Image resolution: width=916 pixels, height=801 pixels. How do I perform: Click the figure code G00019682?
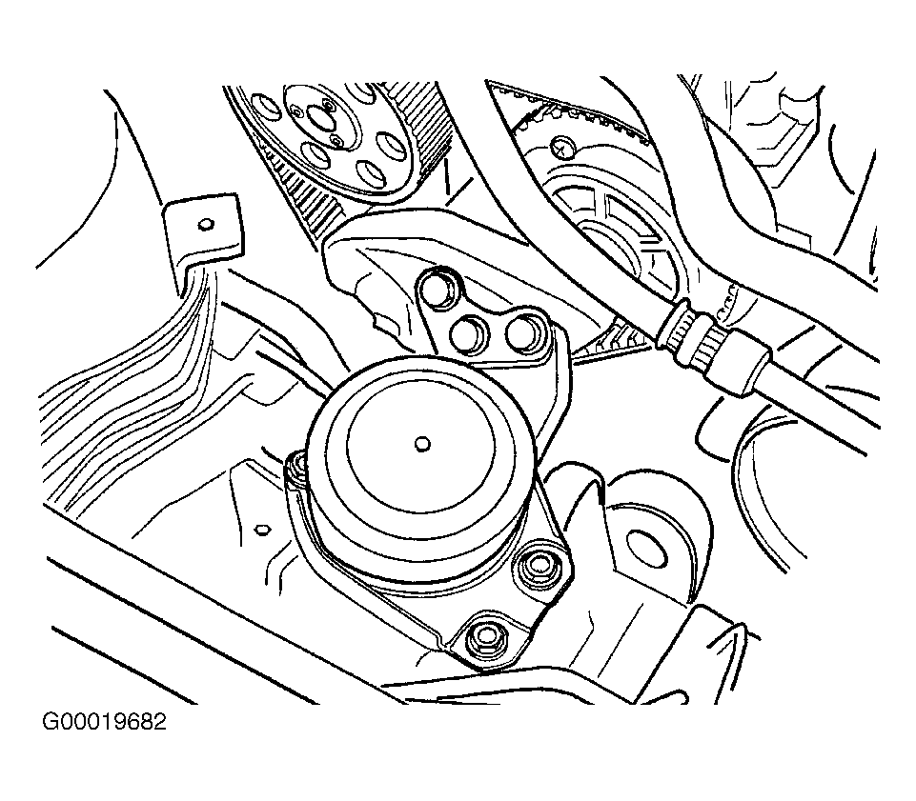pos(104,722)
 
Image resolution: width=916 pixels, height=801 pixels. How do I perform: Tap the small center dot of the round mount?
pos(422,443)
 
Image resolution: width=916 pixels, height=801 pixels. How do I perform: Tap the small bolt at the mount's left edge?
pos(298,464)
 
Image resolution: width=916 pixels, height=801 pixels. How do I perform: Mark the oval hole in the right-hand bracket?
pos(650,546)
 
